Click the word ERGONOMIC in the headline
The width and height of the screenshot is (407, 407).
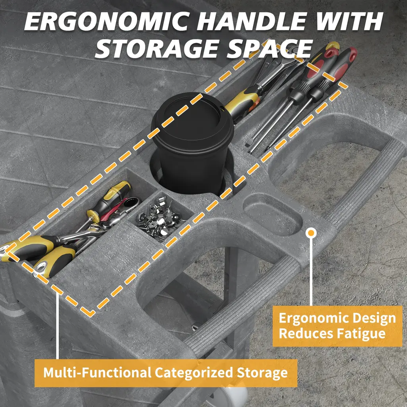106,21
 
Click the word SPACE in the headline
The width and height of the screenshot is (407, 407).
270,49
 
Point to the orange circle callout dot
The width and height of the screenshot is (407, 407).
311,233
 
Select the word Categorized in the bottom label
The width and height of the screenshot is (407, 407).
194,373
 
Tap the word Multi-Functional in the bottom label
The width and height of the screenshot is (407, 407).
97,372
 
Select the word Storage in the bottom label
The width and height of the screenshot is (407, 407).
262,373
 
